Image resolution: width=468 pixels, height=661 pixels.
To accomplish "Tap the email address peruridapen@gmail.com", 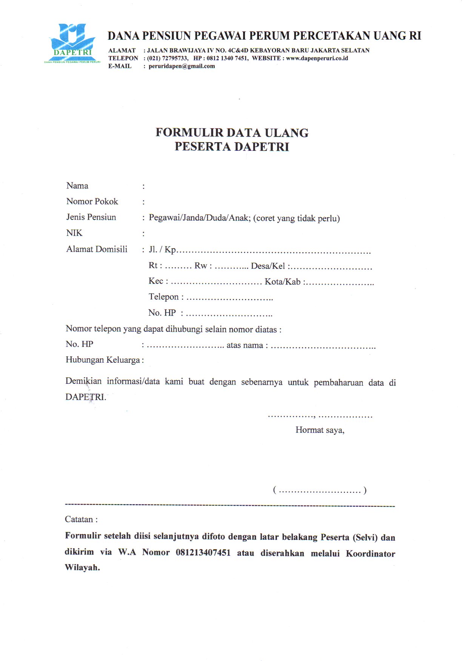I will [x=182, y=66].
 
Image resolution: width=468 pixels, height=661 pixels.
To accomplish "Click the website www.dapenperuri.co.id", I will [x=317, y=58].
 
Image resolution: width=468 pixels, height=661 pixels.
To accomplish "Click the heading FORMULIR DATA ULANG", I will [x=232, y=133].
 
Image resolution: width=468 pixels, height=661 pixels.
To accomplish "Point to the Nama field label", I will [x=77, y=186].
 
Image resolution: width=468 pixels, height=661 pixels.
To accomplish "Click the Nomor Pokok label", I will [x=92, y=201].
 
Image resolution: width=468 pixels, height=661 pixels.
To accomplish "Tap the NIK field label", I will [x=74, y=233].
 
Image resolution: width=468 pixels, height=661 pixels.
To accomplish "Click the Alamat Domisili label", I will [x=97, y=249].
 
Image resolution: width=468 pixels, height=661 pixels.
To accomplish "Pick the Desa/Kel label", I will [x=268, y=266].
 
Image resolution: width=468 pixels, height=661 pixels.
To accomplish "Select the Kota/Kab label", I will [x=283, y=282].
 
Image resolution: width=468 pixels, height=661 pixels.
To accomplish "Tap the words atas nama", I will [x=245, y=345].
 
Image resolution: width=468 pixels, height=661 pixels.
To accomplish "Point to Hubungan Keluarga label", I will [x=103, y=360].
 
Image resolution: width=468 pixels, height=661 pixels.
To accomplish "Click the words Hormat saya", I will [x=320, y=430].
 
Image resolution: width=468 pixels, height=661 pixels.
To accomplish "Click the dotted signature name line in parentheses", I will [x=320, y=491].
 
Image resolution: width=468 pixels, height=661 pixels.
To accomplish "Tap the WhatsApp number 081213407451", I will [x=203, y=553].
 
